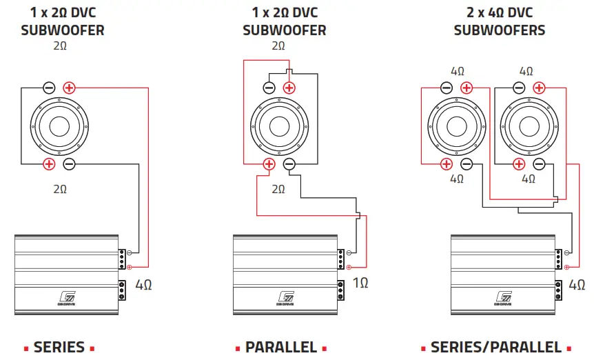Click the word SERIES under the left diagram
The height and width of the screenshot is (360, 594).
[x=59, y=347]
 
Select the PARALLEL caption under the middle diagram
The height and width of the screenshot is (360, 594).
[x=281, y=347]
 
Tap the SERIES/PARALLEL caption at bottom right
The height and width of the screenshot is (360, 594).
[x=496, y=347]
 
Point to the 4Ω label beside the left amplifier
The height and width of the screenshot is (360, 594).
[x=144, y=283]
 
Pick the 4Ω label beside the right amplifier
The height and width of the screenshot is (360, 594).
[x=577, y=283]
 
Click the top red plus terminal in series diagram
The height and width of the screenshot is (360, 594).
[x=69, y=88]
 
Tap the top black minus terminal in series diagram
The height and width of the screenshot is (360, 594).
[x=49, y=88]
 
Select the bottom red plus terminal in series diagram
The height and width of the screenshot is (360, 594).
[x=49, y=163]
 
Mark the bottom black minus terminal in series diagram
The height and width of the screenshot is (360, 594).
[x=69, y=163]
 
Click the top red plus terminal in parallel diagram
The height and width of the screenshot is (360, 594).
[x=289, y=88]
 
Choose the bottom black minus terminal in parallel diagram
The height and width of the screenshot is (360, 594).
[x=289, y=163]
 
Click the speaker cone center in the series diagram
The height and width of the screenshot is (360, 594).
[x=59, y=126]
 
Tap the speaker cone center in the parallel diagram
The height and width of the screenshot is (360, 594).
[x=278, y=126]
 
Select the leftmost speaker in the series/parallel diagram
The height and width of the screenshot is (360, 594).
[x=455, y=126]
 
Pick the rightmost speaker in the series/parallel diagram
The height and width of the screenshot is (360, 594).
[x=528, y=126]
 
